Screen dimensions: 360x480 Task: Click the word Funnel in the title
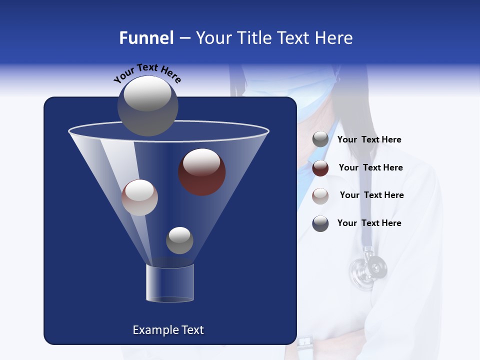tap(146, 38)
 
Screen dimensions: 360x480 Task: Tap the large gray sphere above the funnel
tap(148, 105)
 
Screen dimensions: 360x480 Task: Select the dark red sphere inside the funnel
tap(202, 172)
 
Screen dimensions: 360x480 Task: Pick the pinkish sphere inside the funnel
tap(140, 197)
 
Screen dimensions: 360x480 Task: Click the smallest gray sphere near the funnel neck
tap(179, 240)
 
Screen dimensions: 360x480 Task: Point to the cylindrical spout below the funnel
tap(169, 283)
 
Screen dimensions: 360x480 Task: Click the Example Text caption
tap(168, 330)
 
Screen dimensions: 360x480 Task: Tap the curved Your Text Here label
tap(147, 73)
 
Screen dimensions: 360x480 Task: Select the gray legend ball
tap(320, 139)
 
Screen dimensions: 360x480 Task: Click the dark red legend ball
tap(320, 168)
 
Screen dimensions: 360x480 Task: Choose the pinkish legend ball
tap(320, 195)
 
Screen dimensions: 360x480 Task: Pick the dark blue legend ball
tap(320, 223)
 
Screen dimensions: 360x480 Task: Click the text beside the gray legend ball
tap(369, 140)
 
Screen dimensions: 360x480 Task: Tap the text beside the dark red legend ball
tap(370, 167)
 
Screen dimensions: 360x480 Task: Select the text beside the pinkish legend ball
tap(371, 195)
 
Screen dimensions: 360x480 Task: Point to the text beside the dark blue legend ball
tap(369, 223)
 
